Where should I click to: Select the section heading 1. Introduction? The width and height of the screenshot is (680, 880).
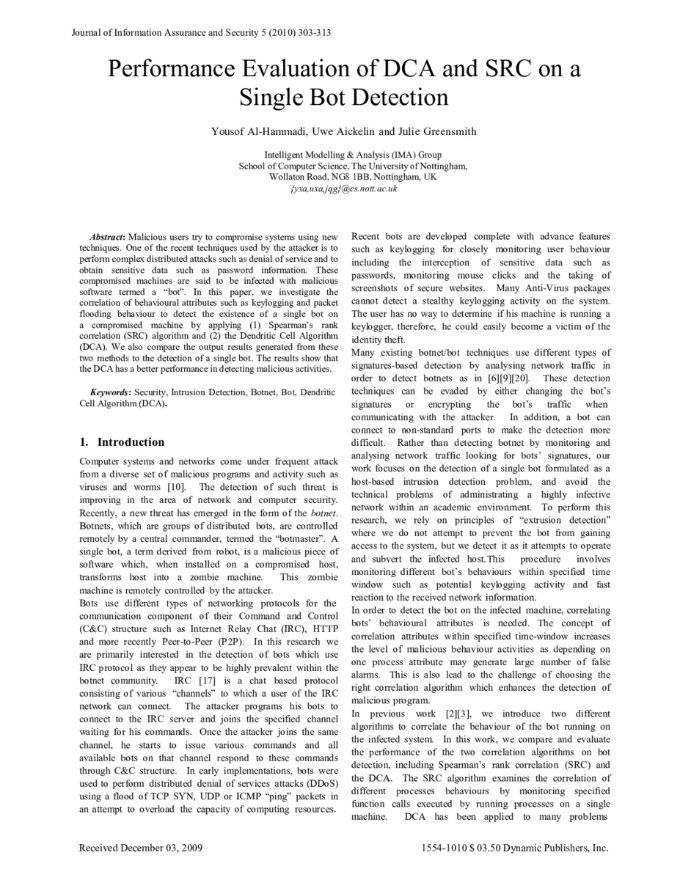122,442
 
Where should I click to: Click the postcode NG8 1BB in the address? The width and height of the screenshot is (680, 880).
349,177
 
